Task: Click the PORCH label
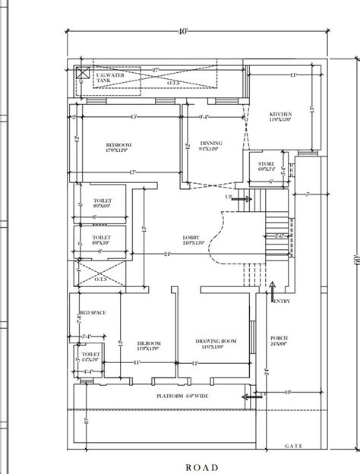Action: pyautogui.click(x=279, y=340)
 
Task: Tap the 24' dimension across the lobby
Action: pyautogui.click(x=167, y=253)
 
